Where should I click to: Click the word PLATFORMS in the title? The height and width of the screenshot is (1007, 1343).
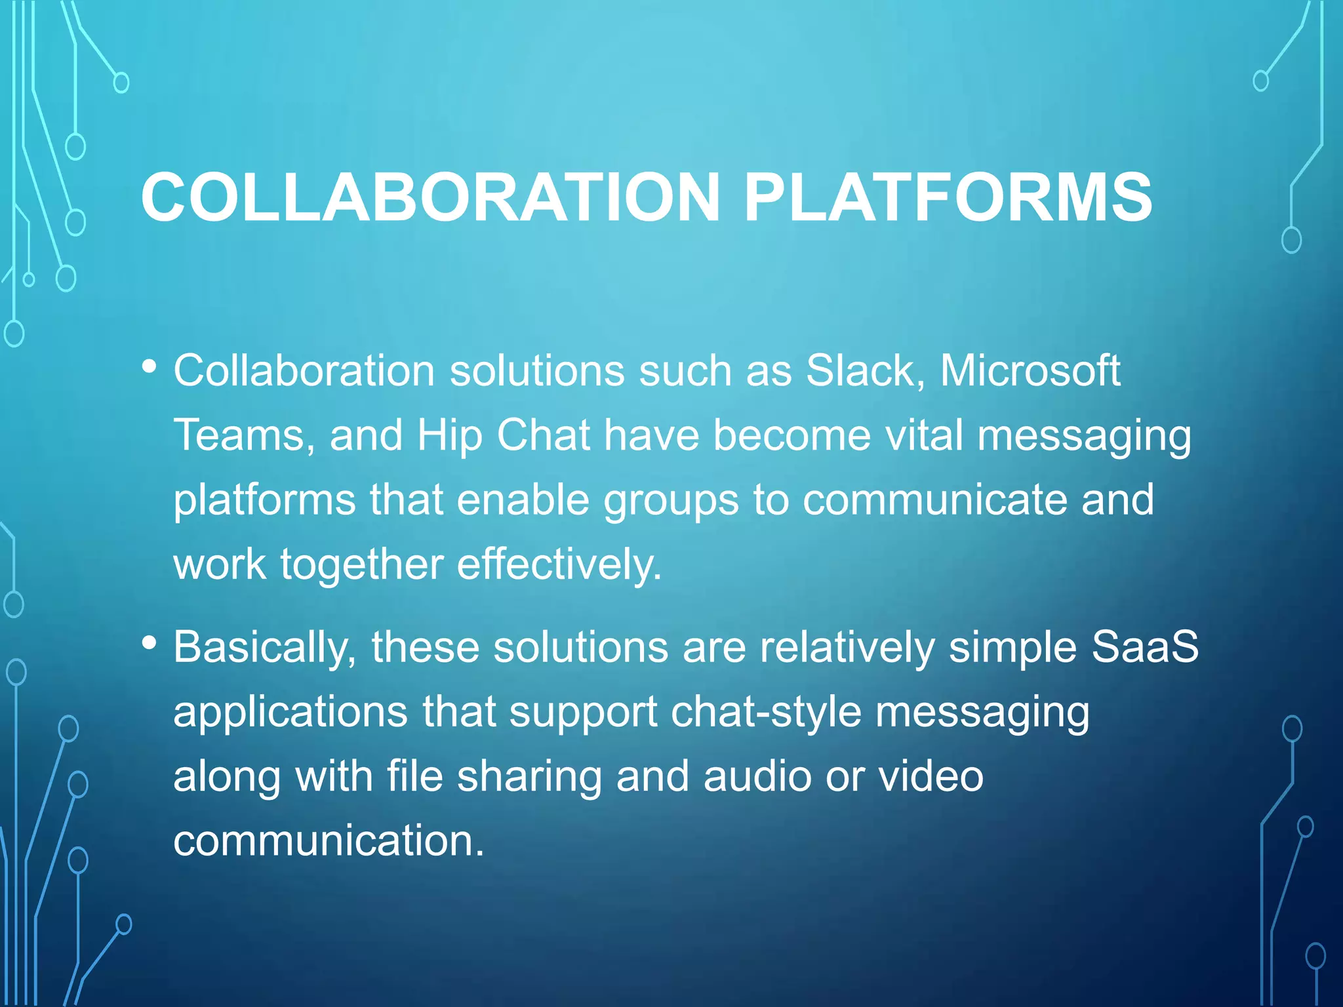click(948, 197)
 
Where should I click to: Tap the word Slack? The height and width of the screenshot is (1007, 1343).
click(860, 370)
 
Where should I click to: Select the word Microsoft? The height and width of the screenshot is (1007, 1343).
click(1030, 370)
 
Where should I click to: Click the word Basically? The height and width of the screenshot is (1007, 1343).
click(262, 648)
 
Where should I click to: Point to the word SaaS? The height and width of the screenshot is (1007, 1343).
click(1145, 646)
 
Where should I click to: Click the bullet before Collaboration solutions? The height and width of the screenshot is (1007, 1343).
click(150, 366)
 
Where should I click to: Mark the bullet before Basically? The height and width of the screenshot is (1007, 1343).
click(150, 643)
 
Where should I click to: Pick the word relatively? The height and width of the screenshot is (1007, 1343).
click(847, 648)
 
